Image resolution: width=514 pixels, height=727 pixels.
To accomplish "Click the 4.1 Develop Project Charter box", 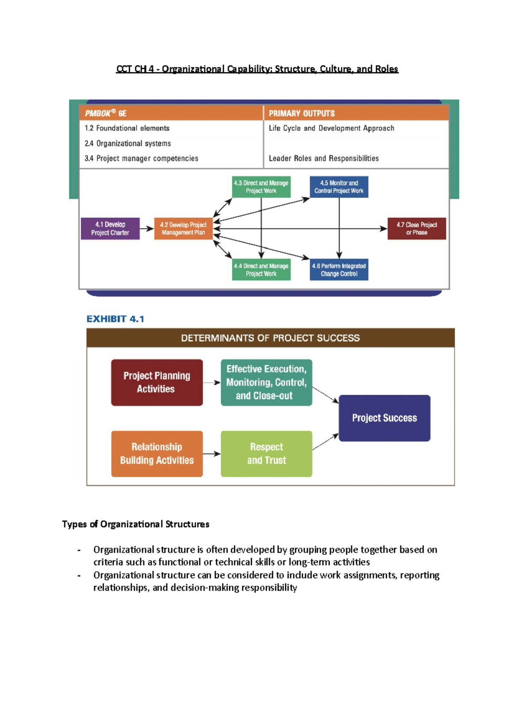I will coord(110,229).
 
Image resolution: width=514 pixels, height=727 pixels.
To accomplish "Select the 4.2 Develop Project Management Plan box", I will coord(183,229).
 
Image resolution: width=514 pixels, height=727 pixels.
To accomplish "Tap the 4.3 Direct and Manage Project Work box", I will coord(261,187).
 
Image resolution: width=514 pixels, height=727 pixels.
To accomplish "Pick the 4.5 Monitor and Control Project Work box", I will coord(339,187).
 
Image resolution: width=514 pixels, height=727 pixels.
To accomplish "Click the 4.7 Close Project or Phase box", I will coord(416,229).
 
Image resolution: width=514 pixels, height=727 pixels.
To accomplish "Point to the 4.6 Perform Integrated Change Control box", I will coord(339,270).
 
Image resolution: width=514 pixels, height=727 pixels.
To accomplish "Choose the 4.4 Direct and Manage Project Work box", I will coord(261,270).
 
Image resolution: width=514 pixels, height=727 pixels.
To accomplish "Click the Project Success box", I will coord(384,418).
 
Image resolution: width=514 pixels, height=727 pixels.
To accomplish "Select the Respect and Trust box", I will coord(266,454).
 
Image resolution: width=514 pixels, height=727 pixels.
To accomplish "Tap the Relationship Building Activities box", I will coord(157,454).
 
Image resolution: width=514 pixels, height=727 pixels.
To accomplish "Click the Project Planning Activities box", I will coord(157,382).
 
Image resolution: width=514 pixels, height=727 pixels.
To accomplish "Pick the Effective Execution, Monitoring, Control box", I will coord(266,382).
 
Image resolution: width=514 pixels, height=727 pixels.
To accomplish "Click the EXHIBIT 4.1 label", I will coord(115,319).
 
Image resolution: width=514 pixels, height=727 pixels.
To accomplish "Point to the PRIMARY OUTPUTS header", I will coord(302,113).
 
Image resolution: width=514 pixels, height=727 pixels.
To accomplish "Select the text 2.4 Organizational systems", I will coord(128,143).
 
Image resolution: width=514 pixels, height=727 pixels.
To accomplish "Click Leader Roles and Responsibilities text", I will coord(323,158).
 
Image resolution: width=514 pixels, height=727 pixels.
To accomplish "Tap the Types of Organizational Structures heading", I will coord(135,524).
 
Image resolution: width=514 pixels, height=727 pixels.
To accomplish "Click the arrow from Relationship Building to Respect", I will coord(212,454).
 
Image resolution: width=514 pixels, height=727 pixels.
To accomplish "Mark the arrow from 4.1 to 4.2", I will coord(147,229).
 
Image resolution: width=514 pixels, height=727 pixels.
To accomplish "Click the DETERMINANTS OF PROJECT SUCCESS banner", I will coord(270,338).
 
